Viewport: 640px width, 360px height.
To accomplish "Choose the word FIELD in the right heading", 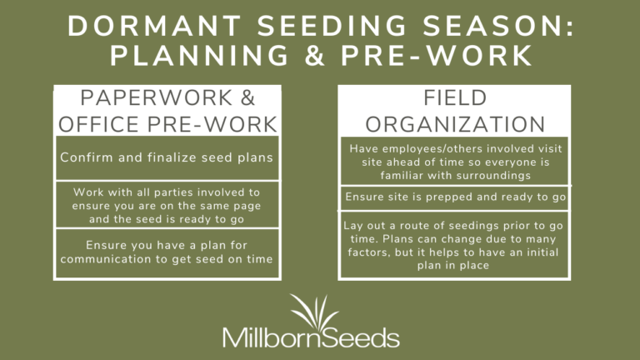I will [x=454, y=99].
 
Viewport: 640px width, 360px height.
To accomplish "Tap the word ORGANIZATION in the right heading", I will [x=454, y=124].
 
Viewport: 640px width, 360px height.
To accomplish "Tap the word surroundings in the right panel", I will [x=495, y=176].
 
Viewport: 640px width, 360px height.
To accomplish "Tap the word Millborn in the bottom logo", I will [x=265, y=337].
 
